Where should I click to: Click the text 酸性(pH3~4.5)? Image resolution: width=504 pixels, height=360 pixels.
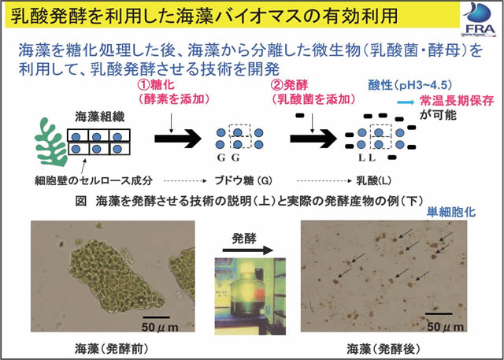[409, 84]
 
